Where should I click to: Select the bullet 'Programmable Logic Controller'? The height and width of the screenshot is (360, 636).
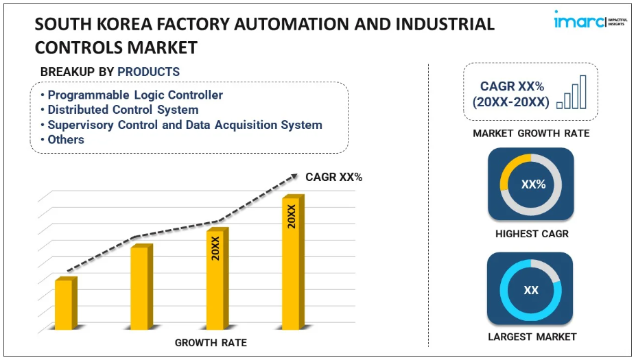pyautogui.click(x=134, y=95)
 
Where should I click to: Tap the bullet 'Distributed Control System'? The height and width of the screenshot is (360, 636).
pyautogui.click(x=123, y=110)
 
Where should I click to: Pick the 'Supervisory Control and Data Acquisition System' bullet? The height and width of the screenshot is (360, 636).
pyautogui.click(x=185, y=125)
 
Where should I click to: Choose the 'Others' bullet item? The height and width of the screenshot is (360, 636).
pyautogui.click(x=66, y=139)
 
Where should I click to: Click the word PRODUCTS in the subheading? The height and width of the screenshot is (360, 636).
pyautogui.click(x=148, y=72)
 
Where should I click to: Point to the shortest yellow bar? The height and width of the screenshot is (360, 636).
pyautogui.click(x=64, y=304)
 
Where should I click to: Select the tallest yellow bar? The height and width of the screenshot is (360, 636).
pyautogui.click(x=293, y=263)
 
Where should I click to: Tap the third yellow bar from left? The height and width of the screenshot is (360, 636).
pyautogui.click(x=217, y=280)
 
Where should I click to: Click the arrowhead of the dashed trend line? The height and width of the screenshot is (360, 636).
pyautogui.click(x=296, y=177)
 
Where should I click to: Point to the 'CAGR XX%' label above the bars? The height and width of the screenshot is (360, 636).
pyautogui.click(x=334, y=178)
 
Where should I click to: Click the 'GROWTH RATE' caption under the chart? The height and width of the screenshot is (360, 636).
pyautogui.click(x=211, y=342)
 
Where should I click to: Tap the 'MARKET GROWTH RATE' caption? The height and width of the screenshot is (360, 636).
pyautogui.click(x=531, y=133)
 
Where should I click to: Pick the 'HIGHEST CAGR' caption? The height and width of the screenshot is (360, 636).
pyautogui.click(x=532, y=234)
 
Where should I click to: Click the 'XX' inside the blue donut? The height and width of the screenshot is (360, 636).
pyautogui.click(x=531, y=290)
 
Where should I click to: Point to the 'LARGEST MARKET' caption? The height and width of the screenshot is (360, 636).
pyautogui.click(x=532, y=337)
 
